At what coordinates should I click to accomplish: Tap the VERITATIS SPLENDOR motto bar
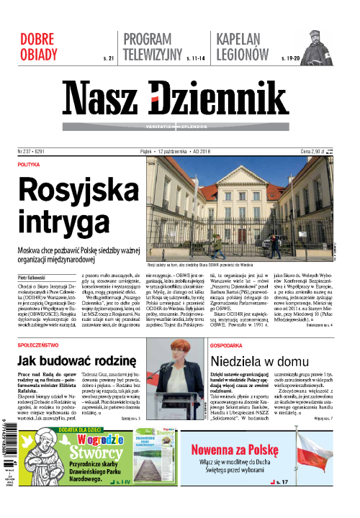[x=179, y=125]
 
